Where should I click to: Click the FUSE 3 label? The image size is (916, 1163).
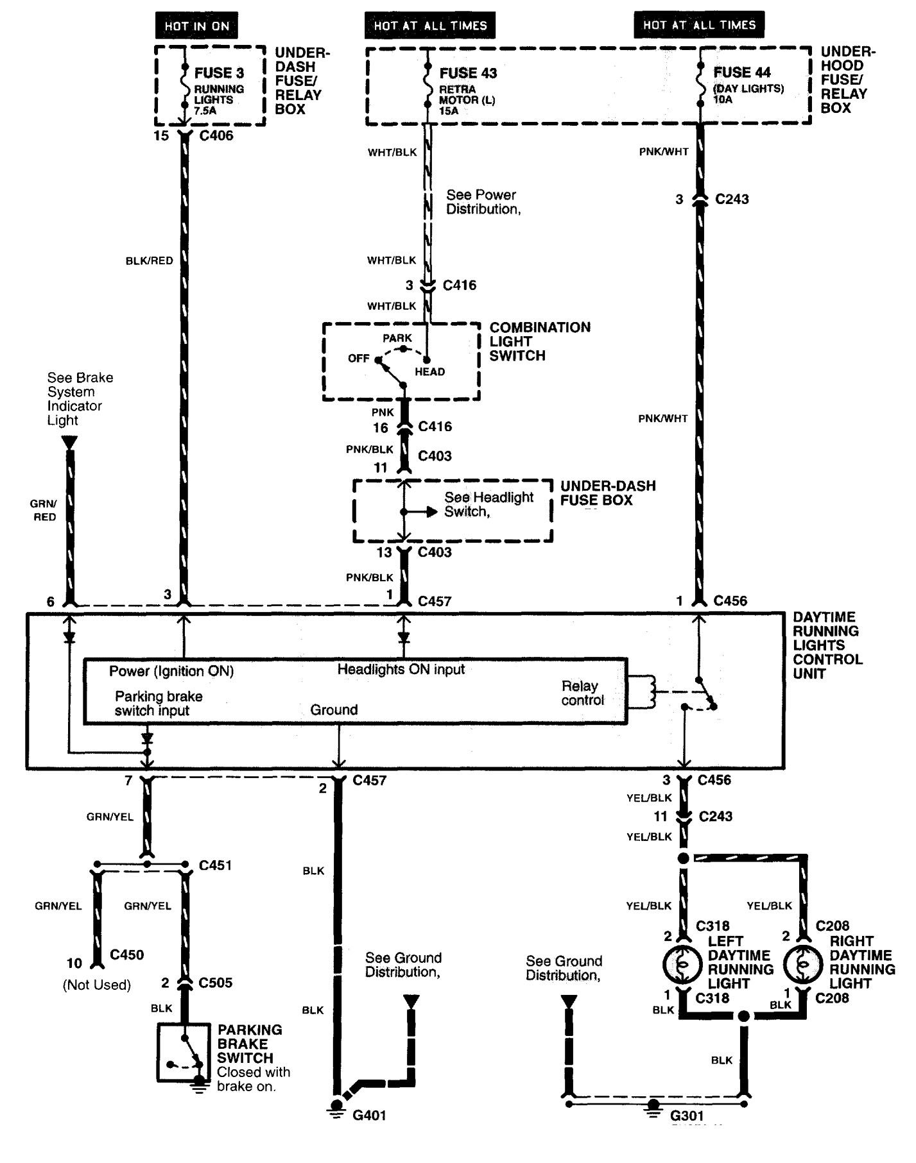[x=219, y=72]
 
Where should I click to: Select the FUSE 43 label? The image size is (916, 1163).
[x=468, y=73]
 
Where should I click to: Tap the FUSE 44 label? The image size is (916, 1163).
[x=742, y=72]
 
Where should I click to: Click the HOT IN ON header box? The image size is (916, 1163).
[x=196, y=26]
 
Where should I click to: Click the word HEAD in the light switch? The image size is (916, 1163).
[x=429, y=371]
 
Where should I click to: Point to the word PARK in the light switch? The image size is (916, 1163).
[x=397, y=338]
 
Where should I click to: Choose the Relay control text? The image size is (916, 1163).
[x=582, y=693]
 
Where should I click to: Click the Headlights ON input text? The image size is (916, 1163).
[x=401, y=669]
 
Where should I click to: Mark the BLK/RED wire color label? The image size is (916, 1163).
[x=149, y=261]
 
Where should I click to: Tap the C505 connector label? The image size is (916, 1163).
[x=215, y=982]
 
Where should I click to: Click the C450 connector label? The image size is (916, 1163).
[x=126, y=955]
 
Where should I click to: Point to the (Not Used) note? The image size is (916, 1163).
[x=97, y=985]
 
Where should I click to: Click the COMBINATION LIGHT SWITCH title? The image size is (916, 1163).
[x=540, y=341]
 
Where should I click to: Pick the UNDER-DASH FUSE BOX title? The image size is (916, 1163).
[x=608, y=493]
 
